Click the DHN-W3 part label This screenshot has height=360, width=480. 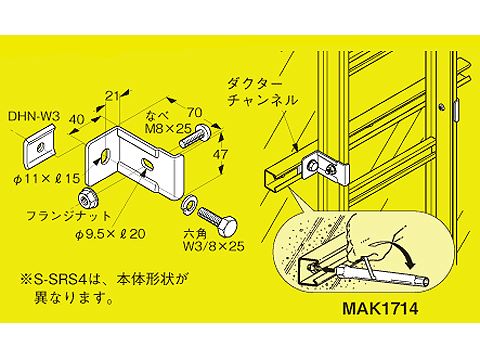pyautogui.click(x=34, y=117)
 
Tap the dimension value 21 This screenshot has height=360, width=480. pyautogui.click(x=112, y=96)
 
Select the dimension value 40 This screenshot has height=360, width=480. pyautogui.click(x=76, y=119)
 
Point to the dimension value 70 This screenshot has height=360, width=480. pyautogui.click(x=194, y=112)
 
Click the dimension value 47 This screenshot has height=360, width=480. pyautogui.click(x=220, y=154)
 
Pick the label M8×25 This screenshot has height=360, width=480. pyautogui.click(x=168, y=128)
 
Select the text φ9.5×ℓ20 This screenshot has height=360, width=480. pyautogui.click(x=110, y=234)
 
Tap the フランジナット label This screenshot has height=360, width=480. pyautogui.click(x=68, y=216)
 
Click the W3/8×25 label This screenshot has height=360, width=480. pyautogui.click(x=213, y=246)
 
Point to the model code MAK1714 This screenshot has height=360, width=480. pyautogui.click(x=380, y=309)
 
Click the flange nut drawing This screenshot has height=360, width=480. pyautogui.click(x=87, y=199)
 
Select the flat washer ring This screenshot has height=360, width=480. pyautogui.click(x=188, y=203)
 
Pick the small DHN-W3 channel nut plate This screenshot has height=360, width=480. pyautogui.click(x=40, y=145)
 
